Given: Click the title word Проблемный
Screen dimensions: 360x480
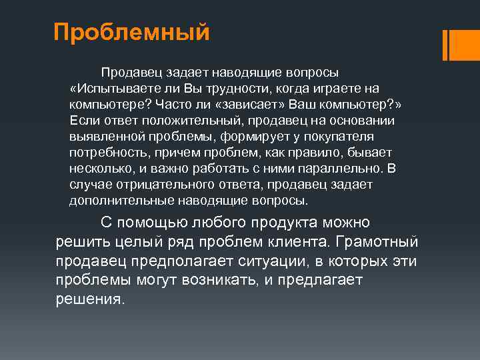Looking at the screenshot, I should (x=132, y=32).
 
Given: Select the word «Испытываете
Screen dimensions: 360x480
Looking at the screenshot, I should (x=112, y=89).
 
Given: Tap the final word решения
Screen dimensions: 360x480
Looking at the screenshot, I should (x=90, y=299).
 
